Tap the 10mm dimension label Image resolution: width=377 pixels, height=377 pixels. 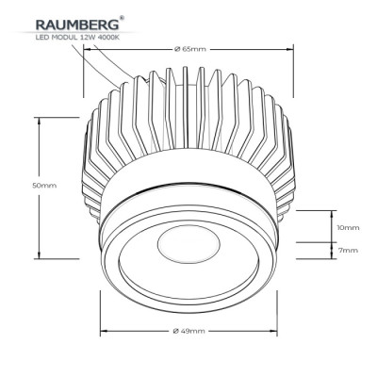click(x=348, y=228)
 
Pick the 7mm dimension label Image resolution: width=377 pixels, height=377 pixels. click(x=348, y=252)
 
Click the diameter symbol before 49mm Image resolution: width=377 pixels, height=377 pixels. click(x=176, y=332)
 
